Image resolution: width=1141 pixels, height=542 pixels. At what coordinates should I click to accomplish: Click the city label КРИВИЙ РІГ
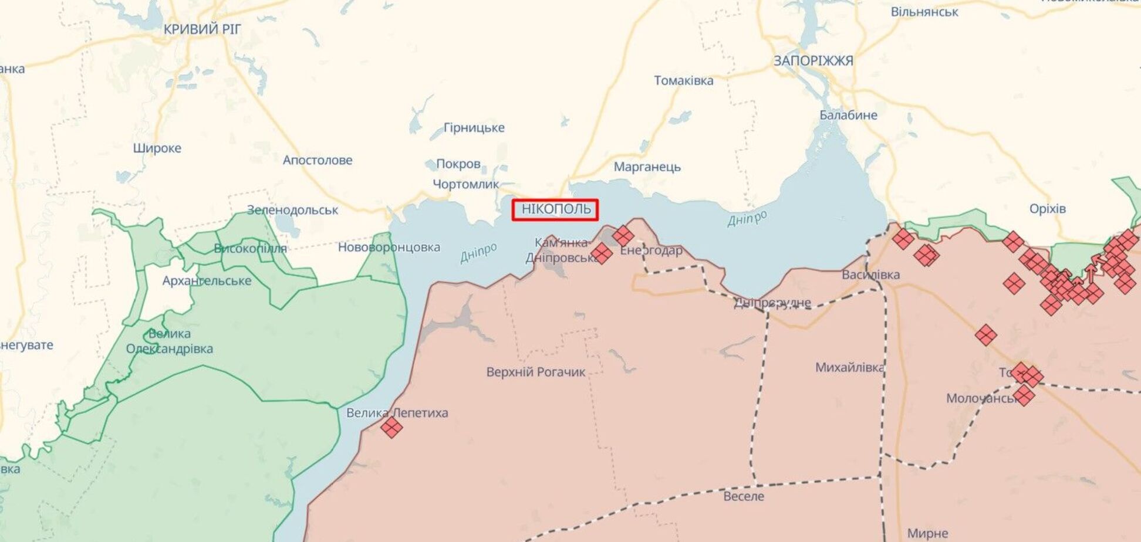(x=202, y=29)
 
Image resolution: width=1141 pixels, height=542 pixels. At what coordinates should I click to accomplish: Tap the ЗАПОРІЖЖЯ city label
(x=813, y=60)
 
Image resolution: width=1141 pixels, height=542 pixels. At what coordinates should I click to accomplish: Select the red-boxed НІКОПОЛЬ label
(x=555, y=209)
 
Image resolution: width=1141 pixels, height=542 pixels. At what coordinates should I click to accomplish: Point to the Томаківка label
(x=683, y=80)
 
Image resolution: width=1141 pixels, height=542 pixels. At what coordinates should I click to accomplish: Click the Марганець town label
(x=647, y=167)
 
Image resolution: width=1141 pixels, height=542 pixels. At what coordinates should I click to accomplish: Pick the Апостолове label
(x=318, y=160)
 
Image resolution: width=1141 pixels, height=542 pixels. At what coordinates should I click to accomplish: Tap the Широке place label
(x=157, y=148)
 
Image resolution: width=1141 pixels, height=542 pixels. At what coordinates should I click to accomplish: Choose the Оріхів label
(x=1047, y=209)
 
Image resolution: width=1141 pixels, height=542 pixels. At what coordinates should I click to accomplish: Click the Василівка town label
(x=870, y=275)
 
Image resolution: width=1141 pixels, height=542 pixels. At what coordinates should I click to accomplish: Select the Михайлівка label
(x=849, y=368)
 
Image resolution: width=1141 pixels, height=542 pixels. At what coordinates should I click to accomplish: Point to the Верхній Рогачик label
(x=535, y=372)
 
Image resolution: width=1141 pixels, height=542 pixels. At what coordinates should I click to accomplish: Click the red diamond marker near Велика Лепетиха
(x=391, y=427)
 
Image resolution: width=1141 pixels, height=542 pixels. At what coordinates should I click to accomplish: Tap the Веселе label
(x=744, y=496)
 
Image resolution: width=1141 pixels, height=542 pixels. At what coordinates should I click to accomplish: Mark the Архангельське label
(x=207, y=281)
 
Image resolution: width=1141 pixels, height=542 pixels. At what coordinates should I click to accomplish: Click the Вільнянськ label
(x=924, y=12)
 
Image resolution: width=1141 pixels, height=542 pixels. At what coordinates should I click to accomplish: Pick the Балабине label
(x=848, y=115)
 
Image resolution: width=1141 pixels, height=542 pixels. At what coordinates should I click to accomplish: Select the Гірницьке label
(x=474, y=128)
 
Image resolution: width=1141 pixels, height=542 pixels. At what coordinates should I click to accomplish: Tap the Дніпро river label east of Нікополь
(x=747, y=218)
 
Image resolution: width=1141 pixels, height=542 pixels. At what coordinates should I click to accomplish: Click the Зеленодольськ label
(x=292, y=210)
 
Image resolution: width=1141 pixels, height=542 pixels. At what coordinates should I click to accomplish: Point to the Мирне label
(x=927, y=533)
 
